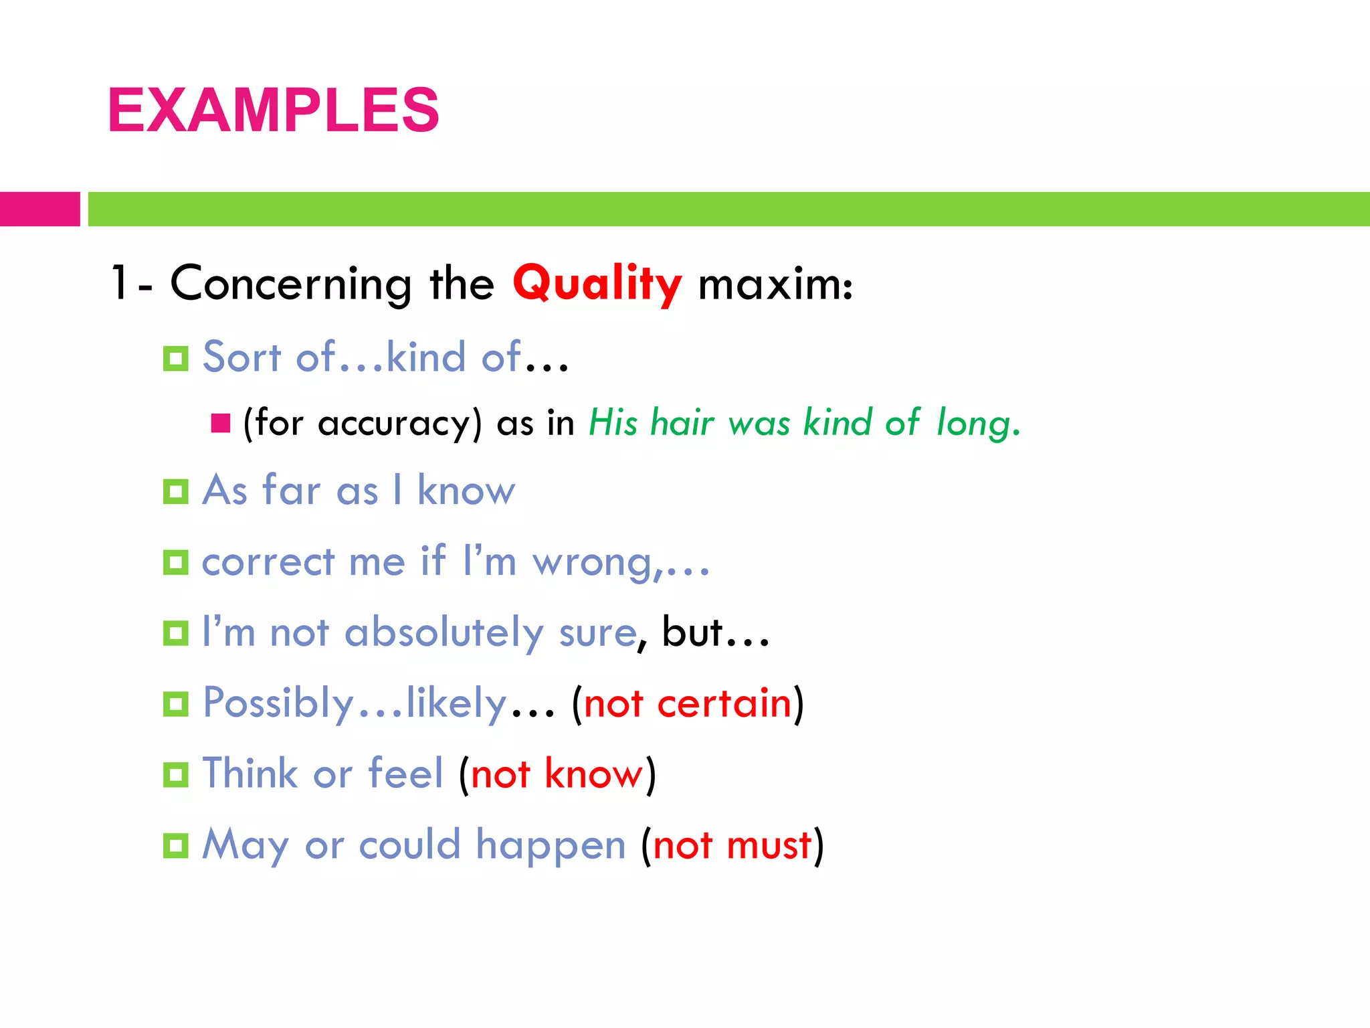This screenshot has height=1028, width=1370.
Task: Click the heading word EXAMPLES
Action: click(x=273, y=110)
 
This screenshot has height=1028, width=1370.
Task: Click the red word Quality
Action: click(x=597, y=284)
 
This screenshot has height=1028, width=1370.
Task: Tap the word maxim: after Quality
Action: click(x=775, y=284)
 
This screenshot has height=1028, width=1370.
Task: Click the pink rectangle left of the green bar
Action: click(x=39, y=209)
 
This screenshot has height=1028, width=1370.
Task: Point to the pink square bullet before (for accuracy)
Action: click(x=220, y=423)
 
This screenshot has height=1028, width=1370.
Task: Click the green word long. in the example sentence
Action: click(x=978, y=423)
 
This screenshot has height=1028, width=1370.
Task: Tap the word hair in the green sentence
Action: click(x=682, y=423)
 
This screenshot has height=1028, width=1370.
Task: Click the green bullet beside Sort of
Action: click(x=176, y=359)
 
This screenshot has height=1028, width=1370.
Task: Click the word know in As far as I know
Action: click(x=466, y=490)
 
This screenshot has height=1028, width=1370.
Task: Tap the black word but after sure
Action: click(x=692, y=632)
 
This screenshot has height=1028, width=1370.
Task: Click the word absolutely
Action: click(x=444, y=633)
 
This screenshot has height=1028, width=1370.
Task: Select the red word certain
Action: click(x=724, y=703)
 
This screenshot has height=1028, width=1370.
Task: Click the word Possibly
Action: click(x=278, y=703)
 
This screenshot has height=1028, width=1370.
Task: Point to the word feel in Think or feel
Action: click(x=406, y=774)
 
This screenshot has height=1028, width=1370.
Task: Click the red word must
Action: click(x=769, y=845)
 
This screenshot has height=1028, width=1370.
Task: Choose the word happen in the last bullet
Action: click(x=551, y=846)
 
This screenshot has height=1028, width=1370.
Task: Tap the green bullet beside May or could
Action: click(x=176, y=846)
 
